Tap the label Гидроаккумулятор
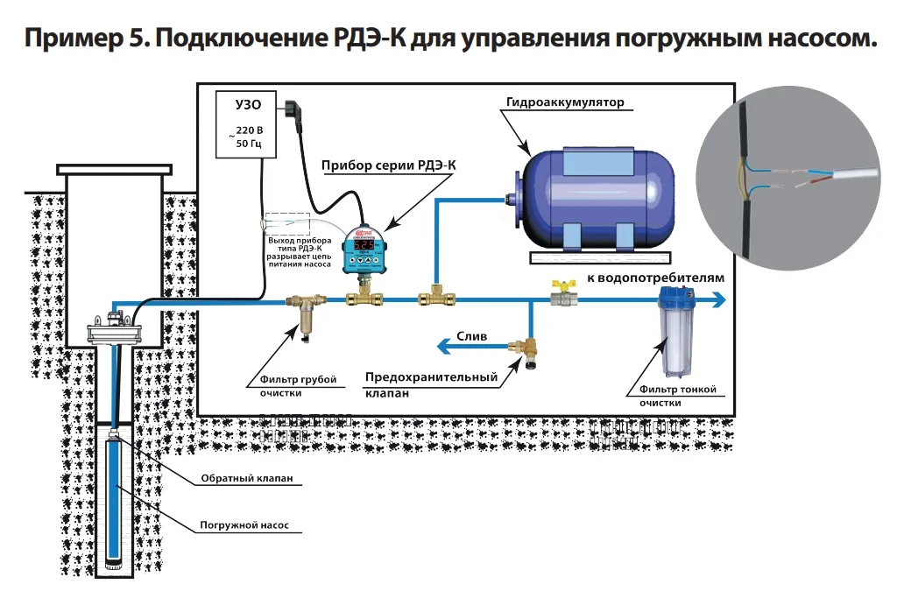pyautogui.click(x=565, y=102)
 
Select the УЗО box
pyautogui.click(x=248, y=123)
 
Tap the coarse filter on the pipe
pyautogui.click(x=304, y=314)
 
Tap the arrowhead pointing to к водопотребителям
pyautogui.click(x=720, y=300)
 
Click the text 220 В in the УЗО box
pyautogui.click(x=249, y=130)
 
